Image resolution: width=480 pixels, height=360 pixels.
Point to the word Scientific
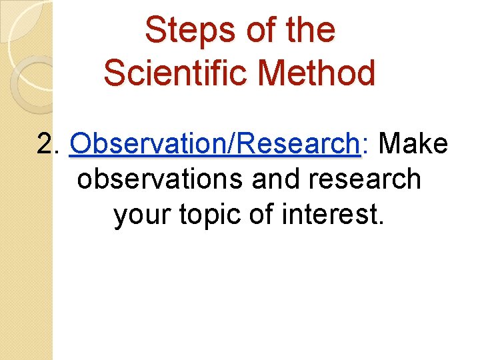click(177, 73)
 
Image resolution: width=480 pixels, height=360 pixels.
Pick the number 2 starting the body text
click(45, 143)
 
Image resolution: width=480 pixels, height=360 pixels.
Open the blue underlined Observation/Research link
click(214, 143)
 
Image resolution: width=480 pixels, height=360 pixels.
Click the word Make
click(413, 143)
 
